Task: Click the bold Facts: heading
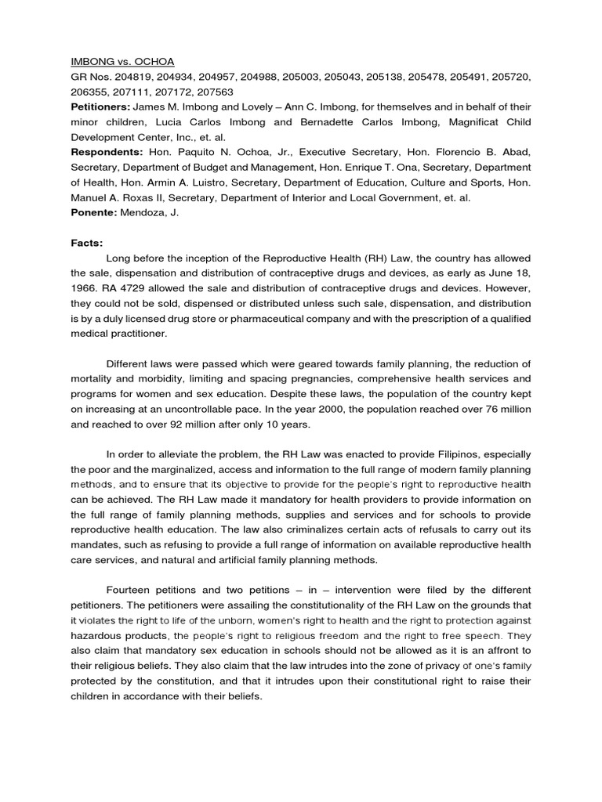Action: click(88, 244)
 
